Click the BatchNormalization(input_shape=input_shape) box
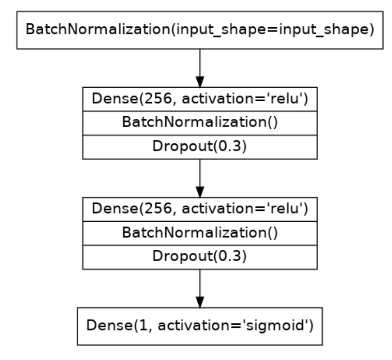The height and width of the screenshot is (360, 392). [199, 30]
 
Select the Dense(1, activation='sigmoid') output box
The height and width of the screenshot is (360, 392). [199, 326]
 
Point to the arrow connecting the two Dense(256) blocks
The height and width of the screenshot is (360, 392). [199, 178]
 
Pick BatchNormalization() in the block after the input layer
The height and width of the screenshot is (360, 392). [199, 123]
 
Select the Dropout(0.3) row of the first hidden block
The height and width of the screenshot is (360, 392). [199, 147]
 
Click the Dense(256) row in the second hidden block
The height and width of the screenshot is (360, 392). [199, 209]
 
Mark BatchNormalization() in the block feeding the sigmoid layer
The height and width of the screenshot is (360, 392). [199, 233]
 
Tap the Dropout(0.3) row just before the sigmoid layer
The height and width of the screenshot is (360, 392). [199, 257]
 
